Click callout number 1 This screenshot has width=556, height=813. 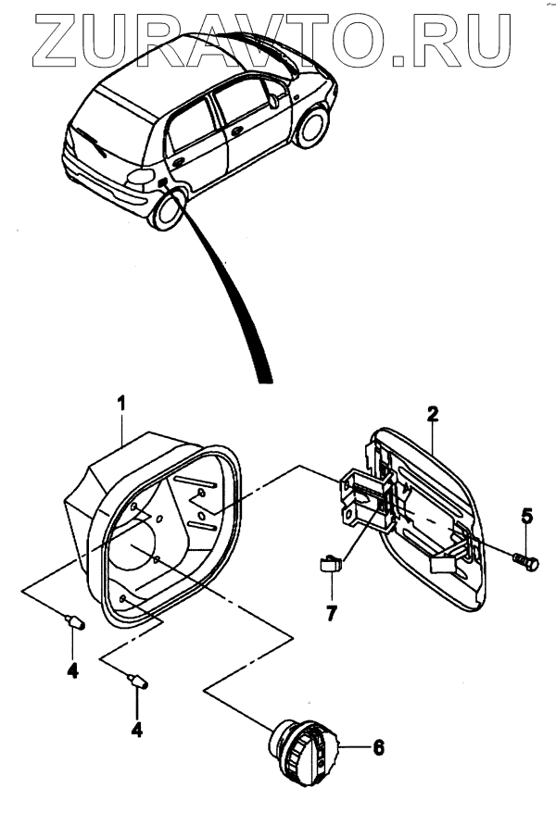coord(120,403)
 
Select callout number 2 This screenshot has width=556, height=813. coord(432,414)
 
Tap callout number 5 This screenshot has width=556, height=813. coord(526,517)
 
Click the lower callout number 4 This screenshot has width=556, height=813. coord(137,728)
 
